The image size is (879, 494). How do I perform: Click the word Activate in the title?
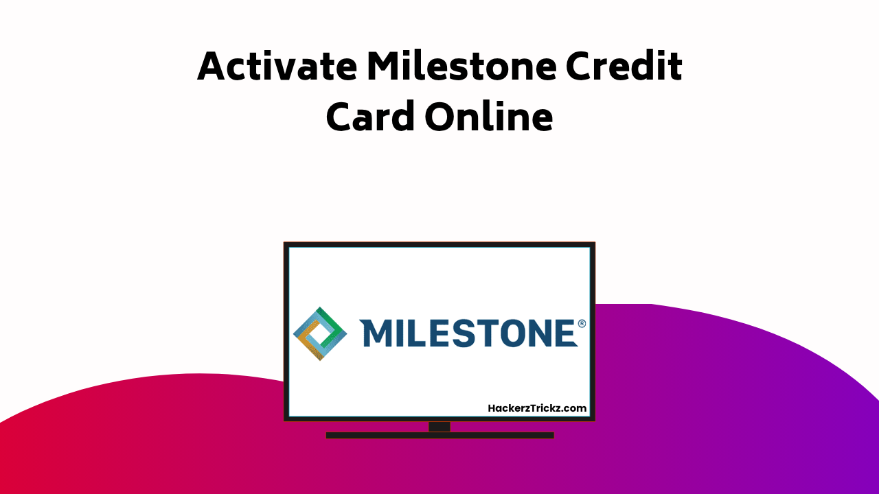[277, 67]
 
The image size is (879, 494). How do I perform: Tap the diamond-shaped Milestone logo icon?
[320, 333]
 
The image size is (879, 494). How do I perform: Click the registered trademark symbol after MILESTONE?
[582, 323]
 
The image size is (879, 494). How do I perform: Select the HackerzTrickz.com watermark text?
[537, 408]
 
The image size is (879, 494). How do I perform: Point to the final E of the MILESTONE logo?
[564, 333]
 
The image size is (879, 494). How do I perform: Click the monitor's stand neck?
[439, 427]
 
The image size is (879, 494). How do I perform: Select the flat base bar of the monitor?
[439, 435]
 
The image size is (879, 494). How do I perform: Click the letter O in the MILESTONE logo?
[512, 333]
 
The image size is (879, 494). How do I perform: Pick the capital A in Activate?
[214, 67]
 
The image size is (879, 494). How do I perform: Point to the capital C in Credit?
[581, 67]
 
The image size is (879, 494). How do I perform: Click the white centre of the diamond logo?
[320, 333]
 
